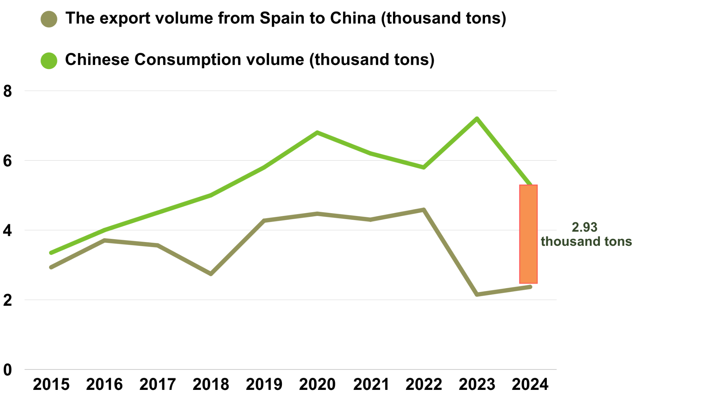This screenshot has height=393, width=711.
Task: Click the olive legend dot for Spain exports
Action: (x=49, y=19)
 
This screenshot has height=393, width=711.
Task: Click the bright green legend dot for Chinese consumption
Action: (x=49, y=60)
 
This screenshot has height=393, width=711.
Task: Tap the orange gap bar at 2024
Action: (x=528, y=234)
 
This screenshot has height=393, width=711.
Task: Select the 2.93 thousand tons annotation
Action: (x=586, y=234)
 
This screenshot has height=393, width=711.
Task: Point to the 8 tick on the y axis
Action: (x=8, y=91)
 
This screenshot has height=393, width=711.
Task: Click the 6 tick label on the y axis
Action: (x=8, y=161)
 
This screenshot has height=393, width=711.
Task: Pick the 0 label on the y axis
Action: (x=8, y=370)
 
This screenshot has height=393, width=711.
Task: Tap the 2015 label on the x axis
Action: (x=51, y=384)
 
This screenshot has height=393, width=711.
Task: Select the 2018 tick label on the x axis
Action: (x=211, y=384)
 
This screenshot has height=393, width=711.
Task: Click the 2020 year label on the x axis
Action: (x=317, y=384)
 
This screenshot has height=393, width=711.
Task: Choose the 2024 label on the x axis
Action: (x=530, y=384)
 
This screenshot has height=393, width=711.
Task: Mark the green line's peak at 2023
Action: (x=477, y=119)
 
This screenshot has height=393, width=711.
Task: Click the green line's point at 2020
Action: (x=317, y=133)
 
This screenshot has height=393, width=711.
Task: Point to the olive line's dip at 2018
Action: (x=211, y=274)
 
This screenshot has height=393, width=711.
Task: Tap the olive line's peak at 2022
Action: (x=424, y=210)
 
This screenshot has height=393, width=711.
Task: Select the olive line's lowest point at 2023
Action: (x=477, y=294)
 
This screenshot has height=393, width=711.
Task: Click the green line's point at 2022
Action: (x=424, y=167)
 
